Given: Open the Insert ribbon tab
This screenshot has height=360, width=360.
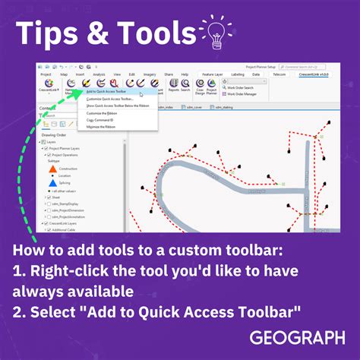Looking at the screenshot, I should (x=81, y=74).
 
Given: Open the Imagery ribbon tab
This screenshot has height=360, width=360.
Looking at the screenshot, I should (x=150, y=74).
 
